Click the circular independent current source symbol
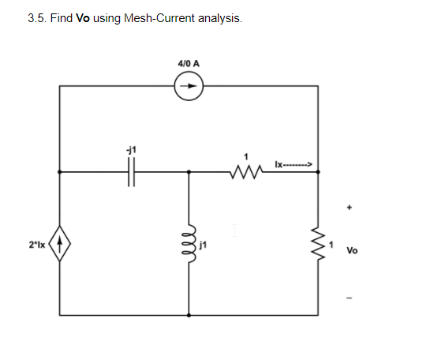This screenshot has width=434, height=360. pyautogui.click(x=189, y=86)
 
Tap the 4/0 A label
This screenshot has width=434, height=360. pyautogui.click(x=189, y=61)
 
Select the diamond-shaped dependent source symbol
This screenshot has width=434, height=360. pyautogui.click(x=60, y=242)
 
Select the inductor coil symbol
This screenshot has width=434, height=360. pyautogui.click(x=189, y=242)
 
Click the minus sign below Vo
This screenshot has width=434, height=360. pyautogui.click(x=351, y=298)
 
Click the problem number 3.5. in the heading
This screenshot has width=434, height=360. pyautogui.click(x=37, y=17)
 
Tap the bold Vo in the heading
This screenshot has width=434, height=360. pyautogui.click(x=83, y=17)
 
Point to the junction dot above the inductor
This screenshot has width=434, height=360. pyautogui.click(x=189, y=171)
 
